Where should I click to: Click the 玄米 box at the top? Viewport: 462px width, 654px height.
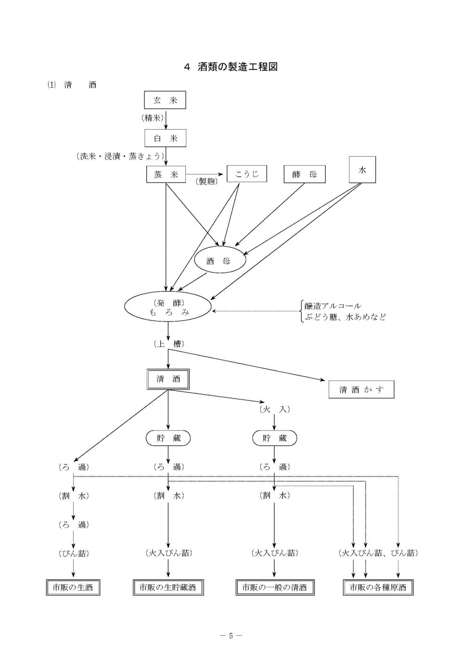tap(165, 100)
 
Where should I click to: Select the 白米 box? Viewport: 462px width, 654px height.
tap(165, 138)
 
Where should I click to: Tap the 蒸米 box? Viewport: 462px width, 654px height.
tap(166, 174)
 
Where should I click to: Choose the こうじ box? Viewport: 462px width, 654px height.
tap(247, 174)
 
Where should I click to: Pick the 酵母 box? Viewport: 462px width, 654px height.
tap(305, 174)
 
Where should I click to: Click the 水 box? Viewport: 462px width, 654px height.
tap(362, 170)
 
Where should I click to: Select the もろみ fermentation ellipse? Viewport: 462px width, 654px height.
tap(168, 308)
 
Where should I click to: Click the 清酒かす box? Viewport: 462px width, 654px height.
tap(361, 389)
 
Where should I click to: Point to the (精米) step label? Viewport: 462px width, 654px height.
tap(153, 118)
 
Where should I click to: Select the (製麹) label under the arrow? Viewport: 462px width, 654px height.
tap(207, 181)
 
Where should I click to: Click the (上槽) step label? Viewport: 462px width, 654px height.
tap(169, 344)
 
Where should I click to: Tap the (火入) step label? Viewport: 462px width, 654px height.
tap(275, 409)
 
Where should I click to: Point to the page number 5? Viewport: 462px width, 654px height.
tap(231, 633)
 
